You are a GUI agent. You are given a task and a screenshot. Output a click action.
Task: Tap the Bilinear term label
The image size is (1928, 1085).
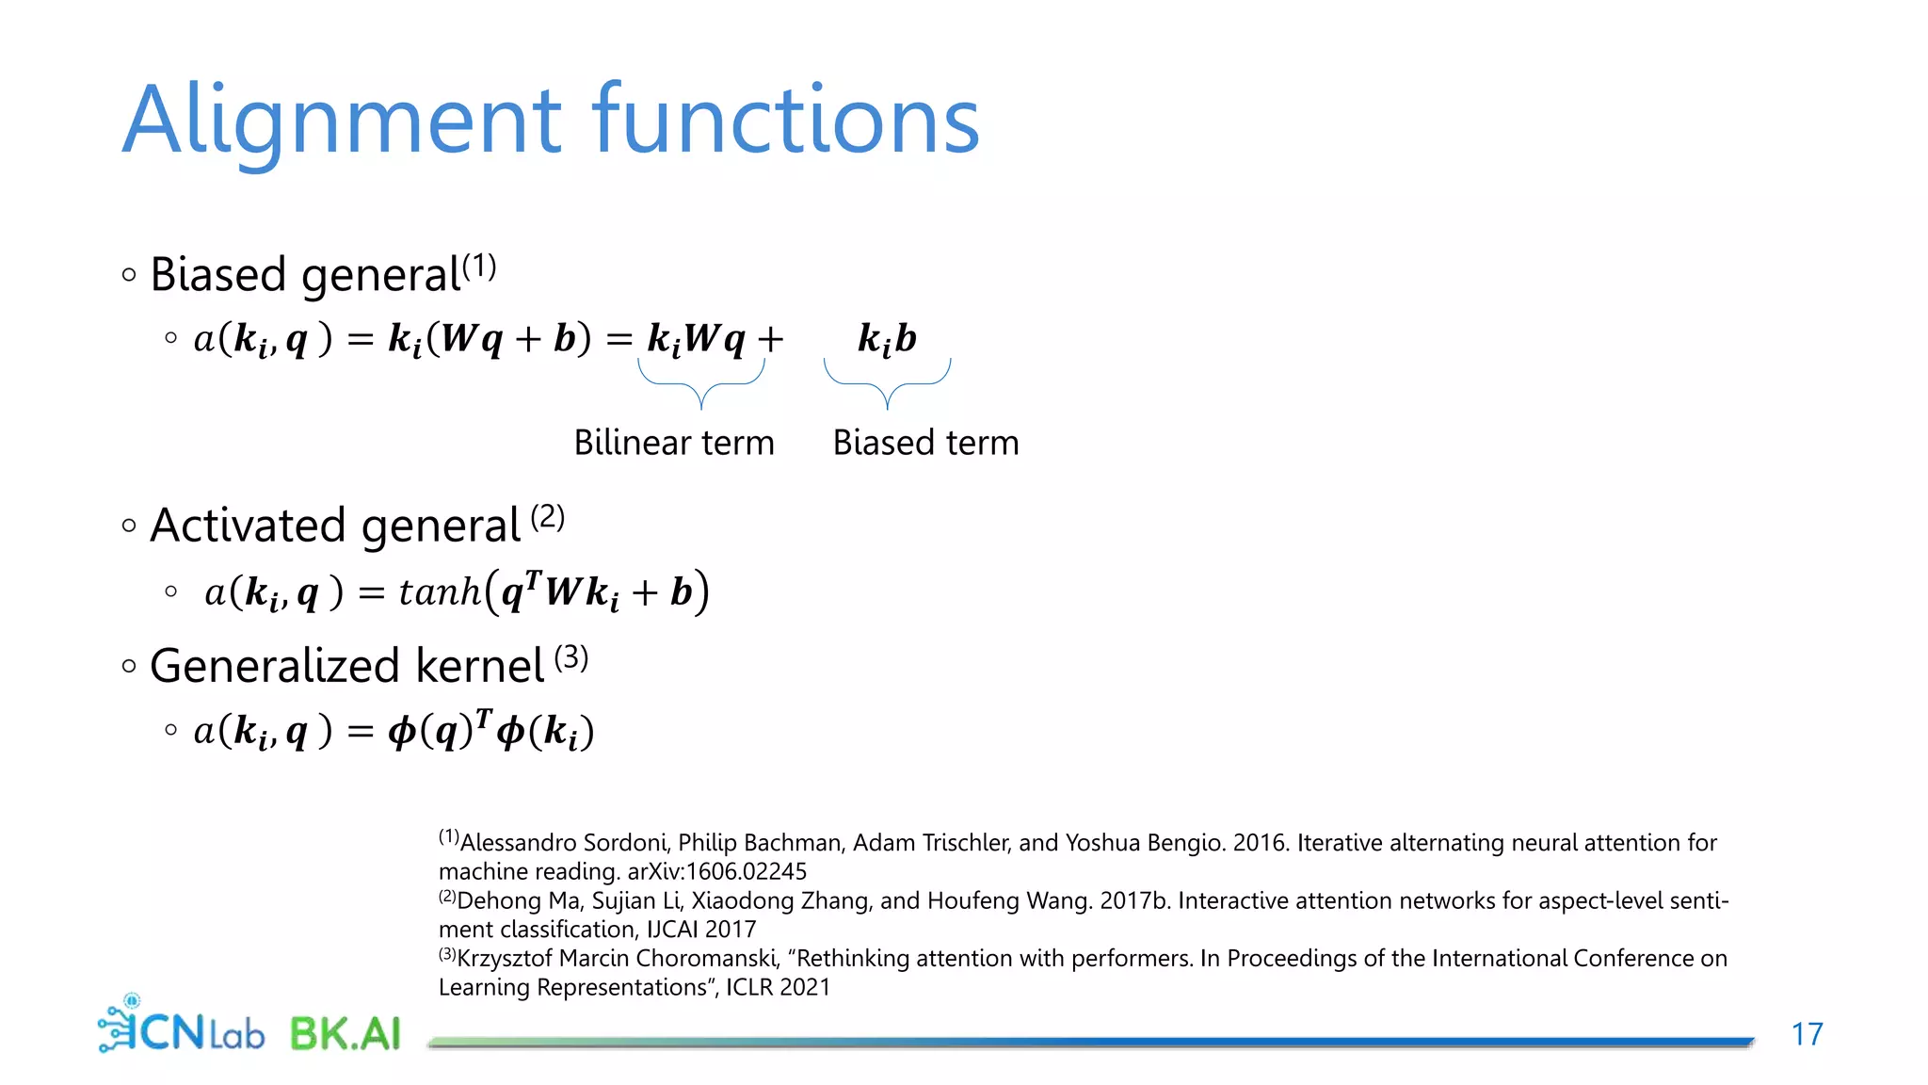coord(674,443)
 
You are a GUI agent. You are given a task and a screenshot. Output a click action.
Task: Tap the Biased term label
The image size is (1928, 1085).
coord(925,443)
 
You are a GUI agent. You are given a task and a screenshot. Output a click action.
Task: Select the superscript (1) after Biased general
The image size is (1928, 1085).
coord(479,267)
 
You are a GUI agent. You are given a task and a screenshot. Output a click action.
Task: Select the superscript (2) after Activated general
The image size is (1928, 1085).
coord(547,517)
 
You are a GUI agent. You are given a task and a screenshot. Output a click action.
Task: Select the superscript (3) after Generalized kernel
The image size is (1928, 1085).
coord(571,657)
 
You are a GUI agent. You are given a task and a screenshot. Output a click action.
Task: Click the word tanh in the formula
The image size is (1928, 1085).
coord(440,592)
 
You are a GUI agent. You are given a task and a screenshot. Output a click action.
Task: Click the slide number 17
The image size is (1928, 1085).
coord(1807,1034)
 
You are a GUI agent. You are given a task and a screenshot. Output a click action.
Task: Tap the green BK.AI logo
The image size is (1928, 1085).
coord(345,1033)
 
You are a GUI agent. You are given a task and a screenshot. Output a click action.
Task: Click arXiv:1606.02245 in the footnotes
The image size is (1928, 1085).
coord(716,871)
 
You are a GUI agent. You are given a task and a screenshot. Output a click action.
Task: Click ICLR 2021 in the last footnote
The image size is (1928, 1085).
coord(778,987)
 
